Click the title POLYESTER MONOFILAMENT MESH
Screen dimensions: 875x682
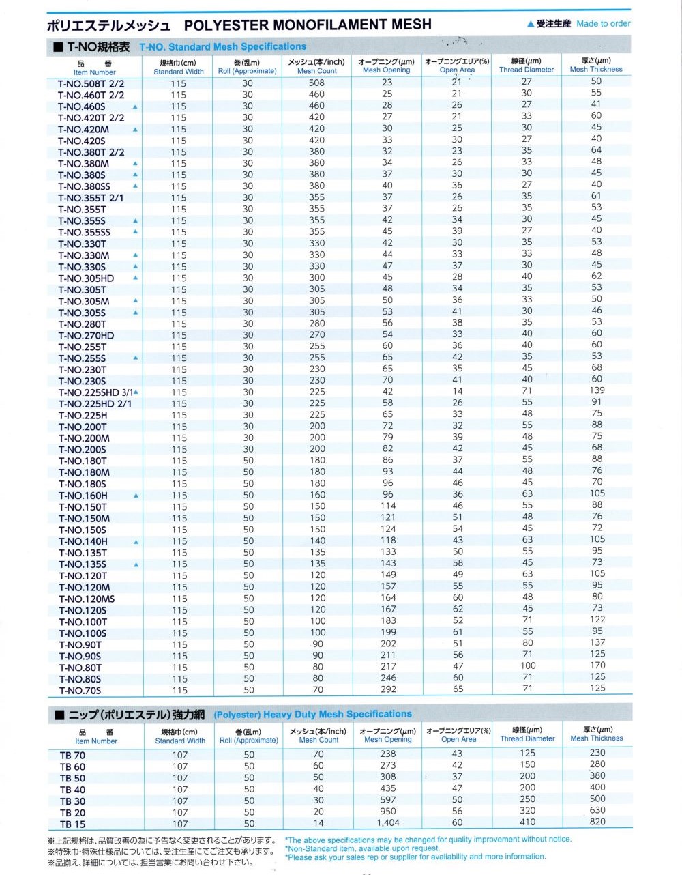tap(308, 25)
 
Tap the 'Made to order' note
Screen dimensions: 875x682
tap(603, 23)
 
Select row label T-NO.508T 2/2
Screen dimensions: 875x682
tap(91, 84)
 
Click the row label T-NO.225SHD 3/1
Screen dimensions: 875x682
tap(95, 392)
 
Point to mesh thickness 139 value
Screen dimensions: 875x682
tap(597, 390)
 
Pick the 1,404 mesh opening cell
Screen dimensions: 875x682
tap(388, 823)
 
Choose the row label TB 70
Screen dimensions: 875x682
tap(72, 755)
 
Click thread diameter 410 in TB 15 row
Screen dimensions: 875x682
tap(527, 822)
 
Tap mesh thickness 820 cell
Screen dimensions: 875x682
tap(597, 822)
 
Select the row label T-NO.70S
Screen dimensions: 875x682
tap(80, 691)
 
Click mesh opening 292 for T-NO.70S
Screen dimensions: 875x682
tap(388, 689)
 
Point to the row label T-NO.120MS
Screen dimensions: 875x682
tap(87, 599)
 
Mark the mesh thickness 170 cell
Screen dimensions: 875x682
tap(597, 665)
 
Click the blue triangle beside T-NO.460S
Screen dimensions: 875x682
tap(135, 107)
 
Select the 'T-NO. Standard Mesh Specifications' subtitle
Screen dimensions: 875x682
tap(223, 47)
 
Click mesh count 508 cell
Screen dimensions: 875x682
tap(316, 83)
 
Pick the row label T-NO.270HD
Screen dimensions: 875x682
tap(86, 336)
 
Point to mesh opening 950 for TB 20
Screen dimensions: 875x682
tap(388, 812)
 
